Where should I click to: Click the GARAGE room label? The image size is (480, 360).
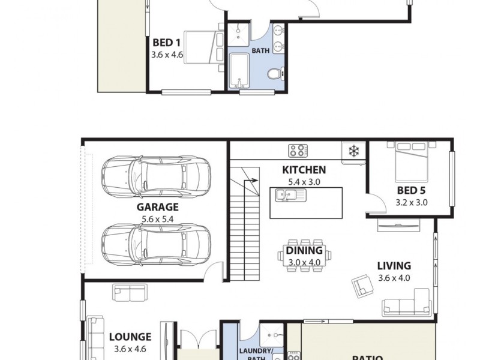pos(157,208)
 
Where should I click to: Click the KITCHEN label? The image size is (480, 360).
pos(304,170)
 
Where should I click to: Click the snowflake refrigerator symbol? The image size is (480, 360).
pos(353,151)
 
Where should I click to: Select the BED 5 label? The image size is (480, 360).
pos(412,191)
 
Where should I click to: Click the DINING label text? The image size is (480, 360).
pos(304,250)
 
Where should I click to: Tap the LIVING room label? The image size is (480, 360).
pos(394,266)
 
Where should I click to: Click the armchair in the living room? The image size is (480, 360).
pos(362,284)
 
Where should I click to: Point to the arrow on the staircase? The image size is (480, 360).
pos(251,180)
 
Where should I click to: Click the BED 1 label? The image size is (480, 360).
pos(167,43)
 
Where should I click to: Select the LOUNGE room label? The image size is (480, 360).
pos(130,337)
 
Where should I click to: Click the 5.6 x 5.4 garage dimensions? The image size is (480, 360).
pos(157,219)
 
